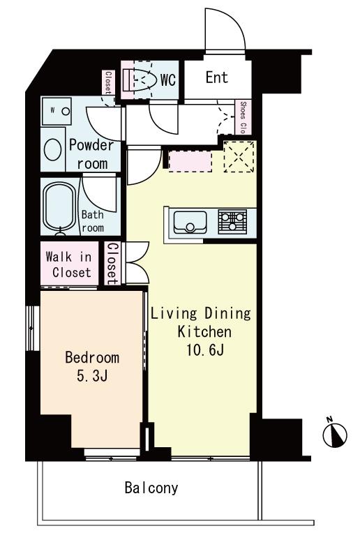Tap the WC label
(x=168, y=80)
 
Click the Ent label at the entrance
(x=217, y=77)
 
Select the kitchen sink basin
(x=190, y=223)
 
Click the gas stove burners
(x=232, y=221)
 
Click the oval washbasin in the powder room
(x=53, y=149)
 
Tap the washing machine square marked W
(x=56, y=111)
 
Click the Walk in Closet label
(x=69, y=264)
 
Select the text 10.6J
(x=205, y=350)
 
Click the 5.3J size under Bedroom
(x=92, y=376)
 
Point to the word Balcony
(x=151, y=488)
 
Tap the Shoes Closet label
(x=243, y=117)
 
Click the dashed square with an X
(x=239, y=156)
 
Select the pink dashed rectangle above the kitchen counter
(x=190, y=161)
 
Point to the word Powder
(x=91, y=145)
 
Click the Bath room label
(x=93, y=221)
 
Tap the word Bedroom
(x=92, y=357)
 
